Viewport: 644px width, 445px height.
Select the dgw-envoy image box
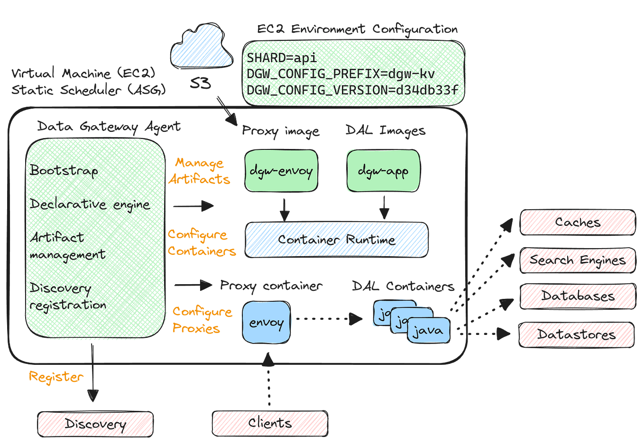point(281,171)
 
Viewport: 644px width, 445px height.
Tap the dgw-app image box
point(383,171)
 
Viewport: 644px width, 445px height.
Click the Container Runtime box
point(336,240)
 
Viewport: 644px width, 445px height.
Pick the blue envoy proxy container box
point(267,323)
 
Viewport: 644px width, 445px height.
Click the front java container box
point(428,331)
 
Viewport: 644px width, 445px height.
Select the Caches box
point(578,222)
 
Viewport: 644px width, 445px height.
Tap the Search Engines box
point(577,260)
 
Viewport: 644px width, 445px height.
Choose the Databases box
point(577,297)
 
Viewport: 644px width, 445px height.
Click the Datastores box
point(576,334)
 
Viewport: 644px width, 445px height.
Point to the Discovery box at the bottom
point(95,424)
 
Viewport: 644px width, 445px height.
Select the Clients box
point(269,423)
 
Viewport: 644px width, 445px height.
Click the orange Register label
point(55,377)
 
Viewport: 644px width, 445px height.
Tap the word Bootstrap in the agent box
point(64,170)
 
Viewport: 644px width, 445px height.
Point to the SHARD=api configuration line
point(281,58)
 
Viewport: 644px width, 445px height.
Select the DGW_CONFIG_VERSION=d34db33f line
point(352,90)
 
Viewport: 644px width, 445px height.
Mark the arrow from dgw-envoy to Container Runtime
point(284,209)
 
